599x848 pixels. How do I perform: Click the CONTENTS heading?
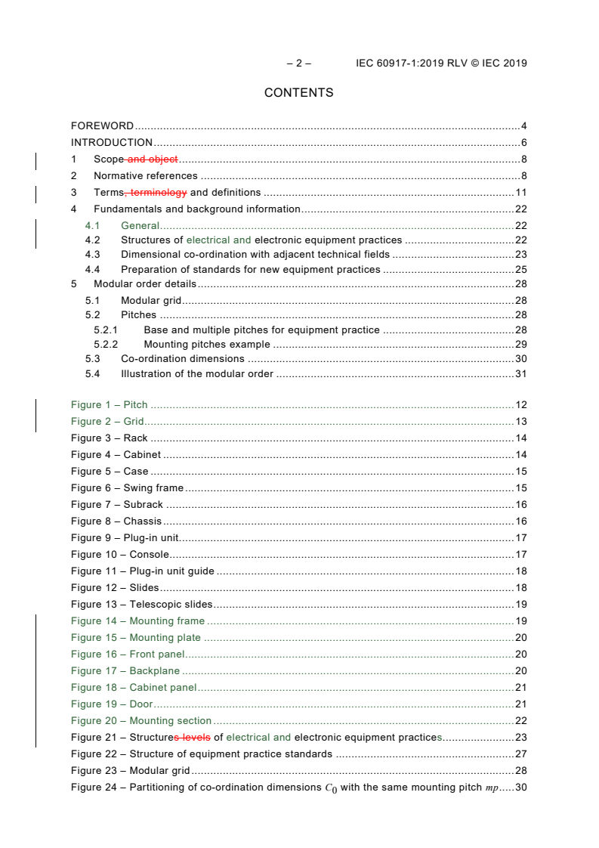[298, 93]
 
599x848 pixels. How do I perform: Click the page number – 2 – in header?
[298, 63]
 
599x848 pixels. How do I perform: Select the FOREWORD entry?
[102, 125]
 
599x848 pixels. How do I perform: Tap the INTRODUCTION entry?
[112, 142]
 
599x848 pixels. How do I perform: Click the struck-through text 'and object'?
[154, 159]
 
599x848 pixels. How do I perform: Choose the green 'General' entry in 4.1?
[140, 225]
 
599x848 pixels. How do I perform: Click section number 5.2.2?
[106, 344]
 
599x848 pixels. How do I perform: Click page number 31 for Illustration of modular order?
[520, 373]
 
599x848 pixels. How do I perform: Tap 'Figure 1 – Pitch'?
[110, 404]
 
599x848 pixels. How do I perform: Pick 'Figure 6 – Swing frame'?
[127, 487]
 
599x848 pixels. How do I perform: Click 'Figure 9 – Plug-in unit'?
[125, 537]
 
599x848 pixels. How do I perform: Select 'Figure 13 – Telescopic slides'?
[141, 604]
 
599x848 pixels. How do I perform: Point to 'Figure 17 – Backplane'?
[125, 670]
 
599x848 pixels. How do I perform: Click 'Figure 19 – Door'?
[112, 704]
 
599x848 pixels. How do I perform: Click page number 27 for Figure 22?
[520, 754]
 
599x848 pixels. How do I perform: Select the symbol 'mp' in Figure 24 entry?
[492, 788]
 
